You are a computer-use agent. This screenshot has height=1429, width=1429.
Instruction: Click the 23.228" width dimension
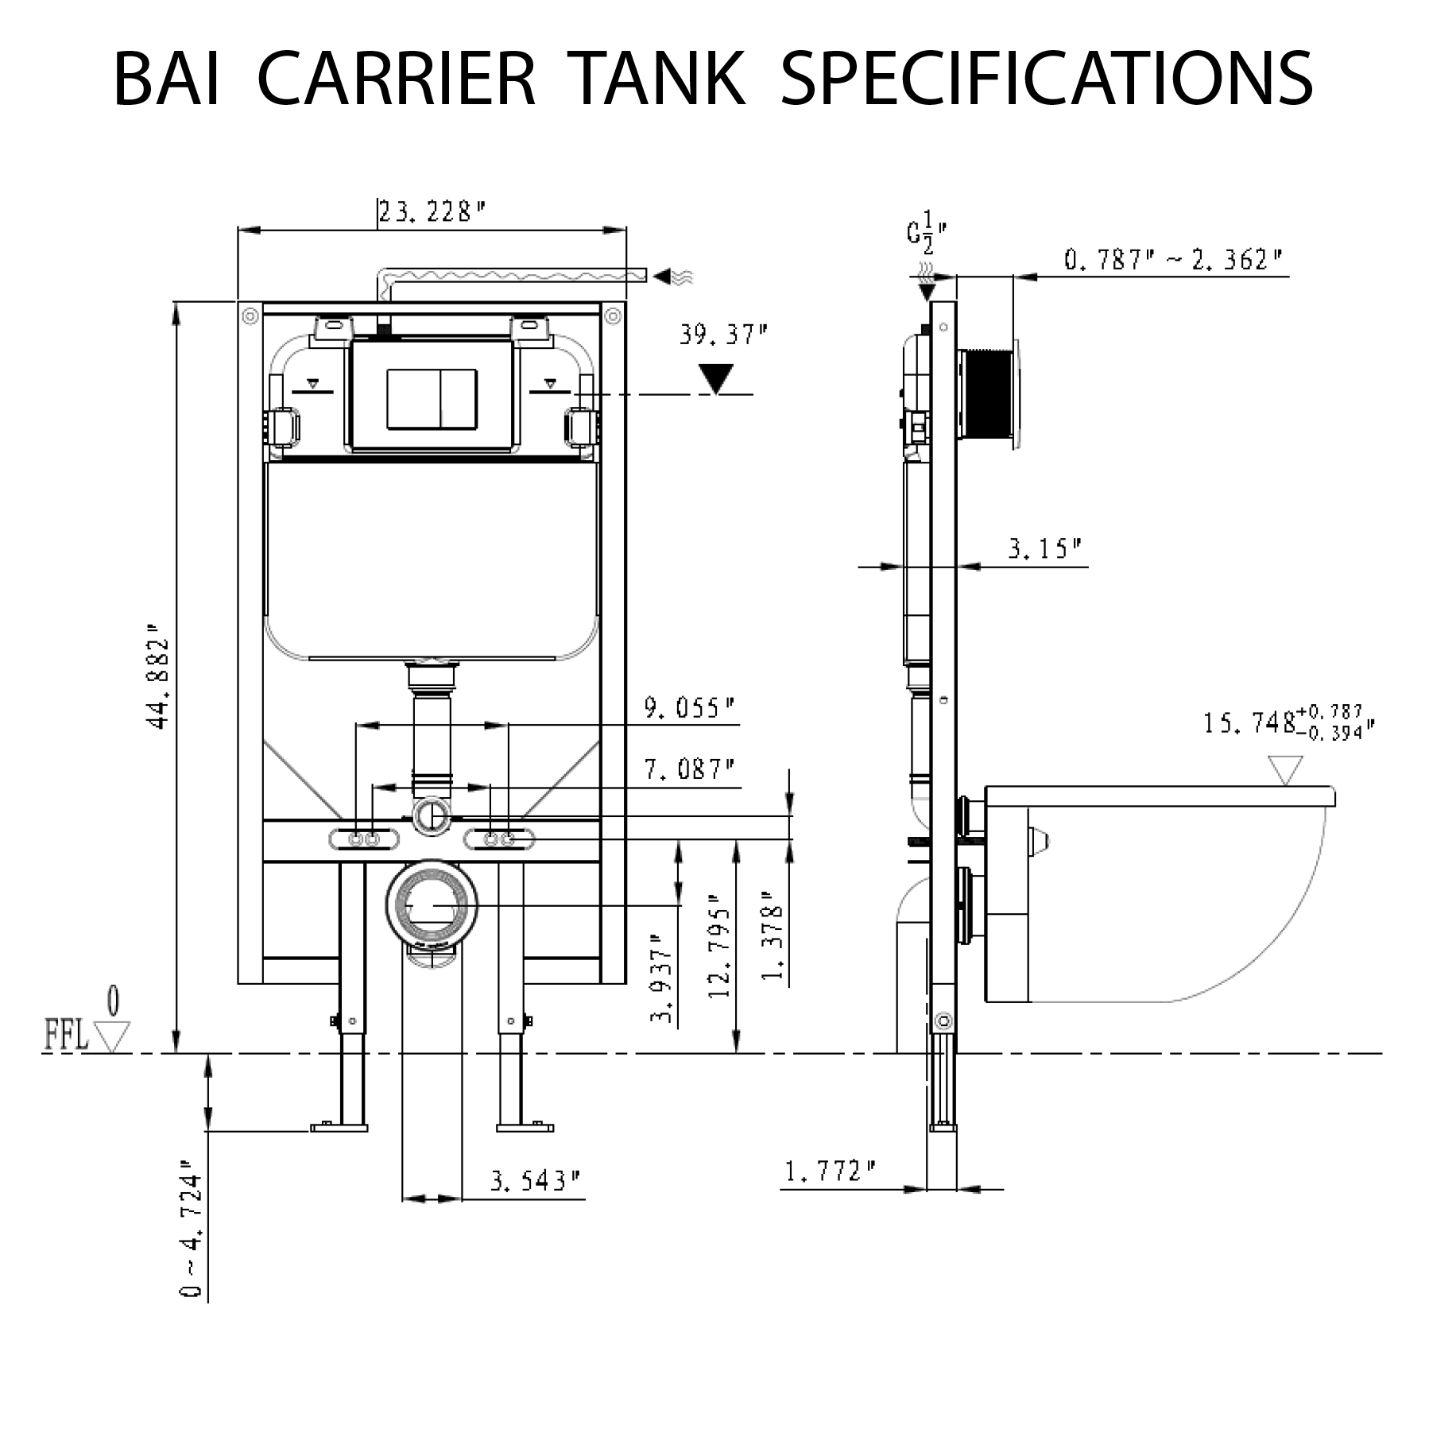pyautogui.click(x=431, y=212)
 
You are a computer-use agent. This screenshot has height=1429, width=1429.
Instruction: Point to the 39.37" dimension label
pyautogui.click(x=722, y=335)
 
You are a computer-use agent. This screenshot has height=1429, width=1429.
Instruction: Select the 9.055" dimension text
pyautogui.click(x=688, y=708)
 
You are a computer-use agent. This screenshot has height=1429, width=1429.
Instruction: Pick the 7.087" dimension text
pyautogui.click(x=688, y=769)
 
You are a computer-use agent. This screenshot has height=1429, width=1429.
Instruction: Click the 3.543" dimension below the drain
pyautogui.click(x=535, y=1181)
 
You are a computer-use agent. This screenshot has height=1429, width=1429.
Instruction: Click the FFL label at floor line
pyautogui.click(x=66, y=1036)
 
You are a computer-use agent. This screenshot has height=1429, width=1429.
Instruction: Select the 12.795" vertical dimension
pyautogui.click(x=721, y=953)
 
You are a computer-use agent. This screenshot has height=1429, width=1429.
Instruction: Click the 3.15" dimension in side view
pyautogui.click(x=1044, y=548)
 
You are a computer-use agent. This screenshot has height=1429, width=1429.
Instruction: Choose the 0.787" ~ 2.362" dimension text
pyautogui.click(x=1173, y=260)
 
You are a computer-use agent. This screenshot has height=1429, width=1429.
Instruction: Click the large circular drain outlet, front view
pyautogui.click(x=432, y=904)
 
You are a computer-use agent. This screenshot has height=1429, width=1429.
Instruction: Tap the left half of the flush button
pyautogui.click(x=413, y=399)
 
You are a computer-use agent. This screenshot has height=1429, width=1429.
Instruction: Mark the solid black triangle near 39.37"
pyautogui.click(x=718, y=378)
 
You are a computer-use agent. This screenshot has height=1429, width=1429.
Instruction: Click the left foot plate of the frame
pyautogui.click(x=339, y=1126)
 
